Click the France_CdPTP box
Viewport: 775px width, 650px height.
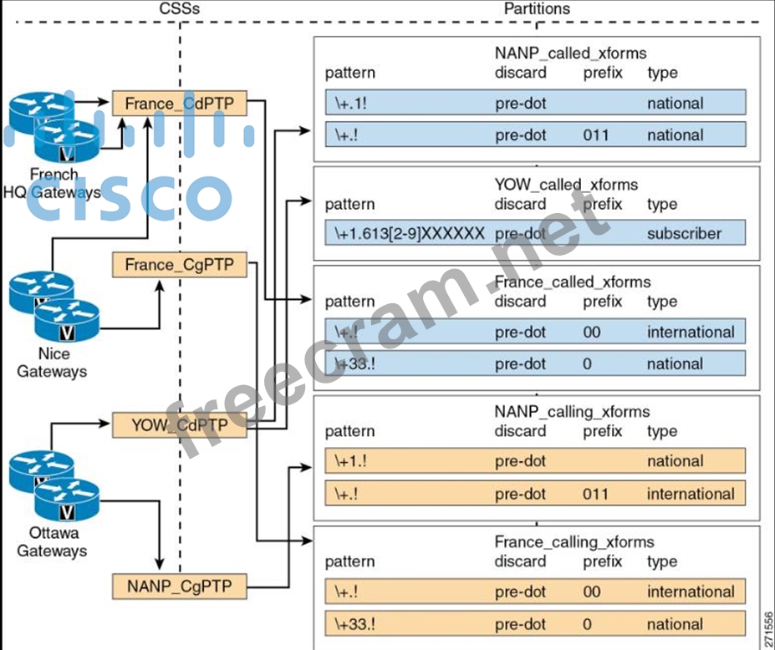coord(180,104)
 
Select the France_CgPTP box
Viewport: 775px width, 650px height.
coord(180,266)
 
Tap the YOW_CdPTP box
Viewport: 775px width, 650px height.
coord(180,424)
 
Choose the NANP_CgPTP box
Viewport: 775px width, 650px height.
coord(180,586)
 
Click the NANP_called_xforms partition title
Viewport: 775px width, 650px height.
coord(570,53)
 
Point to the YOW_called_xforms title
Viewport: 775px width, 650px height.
coord(566,185)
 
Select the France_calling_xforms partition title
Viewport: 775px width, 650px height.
coord(574,542)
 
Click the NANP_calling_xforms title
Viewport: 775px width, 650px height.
coord(572,412)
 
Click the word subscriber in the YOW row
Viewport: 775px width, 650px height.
coord(684,233)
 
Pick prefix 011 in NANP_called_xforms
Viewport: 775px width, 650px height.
coord(596,135)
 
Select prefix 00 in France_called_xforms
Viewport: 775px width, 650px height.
coord(592,332)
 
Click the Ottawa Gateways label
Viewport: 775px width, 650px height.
coord(52,542)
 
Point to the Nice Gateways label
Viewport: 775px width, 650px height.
coord(52,362)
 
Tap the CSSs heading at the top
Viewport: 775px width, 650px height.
coord(179,8)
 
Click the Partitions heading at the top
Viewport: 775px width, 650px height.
coord(537,8)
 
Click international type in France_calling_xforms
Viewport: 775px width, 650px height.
coord(691,592)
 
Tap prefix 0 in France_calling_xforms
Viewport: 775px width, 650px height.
coord(588,624)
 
